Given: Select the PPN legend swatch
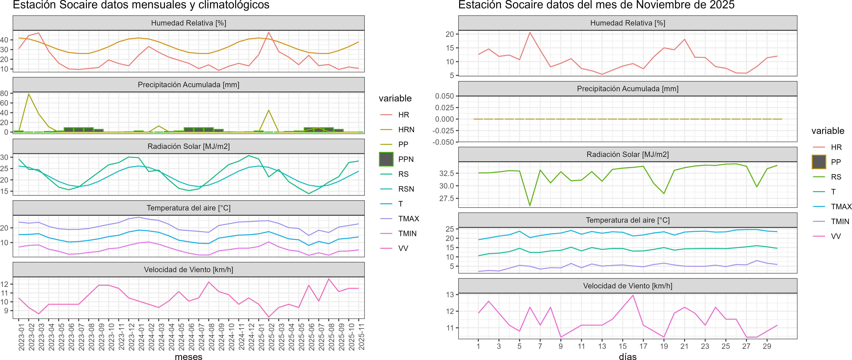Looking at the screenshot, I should pos(386,159).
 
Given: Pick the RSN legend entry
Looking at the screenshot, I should pos(406,189).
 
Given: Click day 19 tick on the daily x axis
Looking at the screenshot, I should pos(664,346).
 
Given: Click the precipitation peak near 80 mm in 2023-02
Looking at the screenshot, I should pos(29,94).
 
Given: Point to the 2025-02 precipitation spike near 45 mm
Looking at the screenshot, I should pos(269,110).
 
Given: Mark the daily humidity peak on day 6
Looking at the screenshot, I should pos(530,32).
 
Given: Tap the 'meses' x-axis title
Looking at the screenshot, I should pos(189,356).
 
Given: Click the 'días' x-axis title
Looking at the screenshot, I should pos(627,356).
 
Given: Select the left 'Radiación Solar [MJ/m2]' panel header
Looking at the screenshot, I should pos(189,146).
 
